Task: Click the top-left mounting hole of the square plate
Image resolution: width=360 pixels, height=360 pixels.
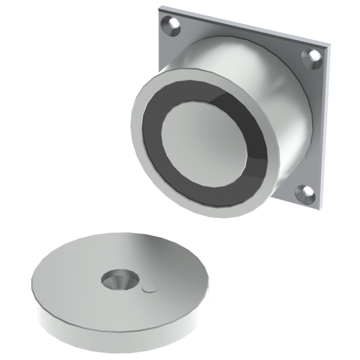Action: (x=173, y=23)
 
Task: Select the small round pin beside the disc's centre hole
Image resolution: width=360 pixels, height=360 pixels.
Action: (x=149, y=288)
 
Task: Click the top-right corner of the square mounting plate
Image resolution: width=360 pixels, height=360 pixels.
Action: (x=330, y=46)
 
